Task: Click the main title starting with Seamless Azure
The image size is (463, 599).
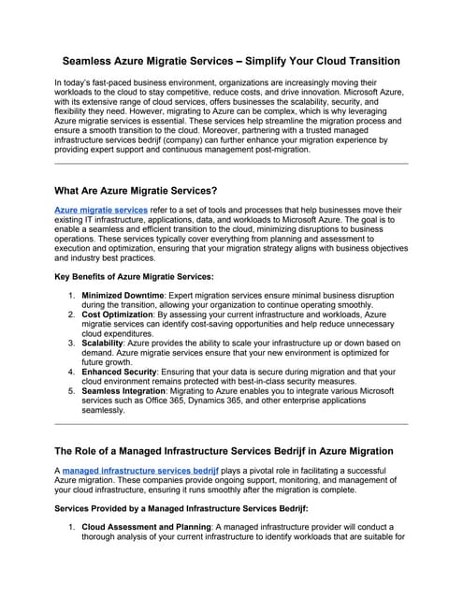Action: point(231,61)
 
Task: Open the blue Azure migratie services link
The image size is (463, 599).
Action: point(101,211)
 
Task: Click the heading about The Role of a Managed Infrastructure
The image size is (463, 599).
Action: point(225,451)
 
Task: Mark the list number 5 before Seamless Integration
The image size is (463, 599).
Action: point(72,390)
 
